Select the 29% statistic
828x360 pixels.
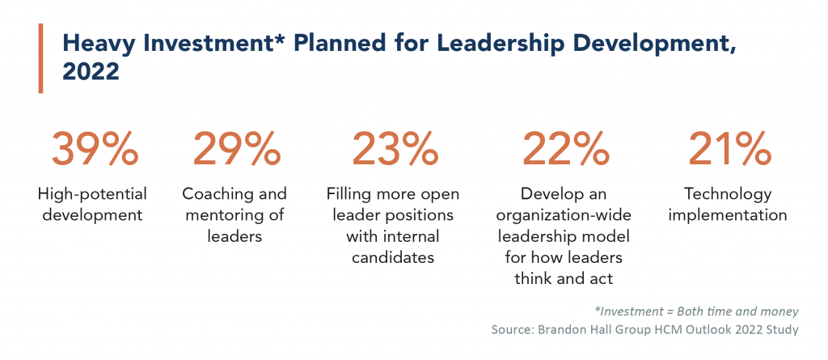pyautogui.click(x=234, y=150)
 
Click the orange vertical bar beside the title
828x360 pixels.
pyautogui.click(x=40, y=58)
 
